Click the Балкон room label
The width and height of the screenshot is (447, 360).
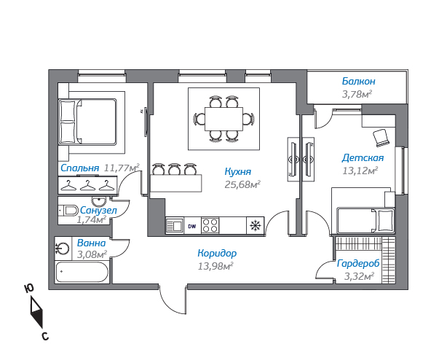(x=358, y=82)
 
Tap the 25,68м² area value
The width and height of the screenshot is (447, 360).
(x=242, y=184)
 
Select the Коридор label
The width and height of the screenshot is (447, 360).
(x=217, y=254)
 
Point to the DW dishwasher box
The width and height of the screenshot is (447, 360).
(x=192, y=226)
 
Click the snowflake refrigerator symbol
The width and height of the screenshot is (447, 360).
(x=255, y=226)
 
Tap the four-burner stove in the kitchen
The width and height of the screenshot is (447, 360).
(x=210, y=226)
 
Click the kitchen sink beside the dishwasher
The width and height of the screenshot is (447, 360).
(x=175, y=226)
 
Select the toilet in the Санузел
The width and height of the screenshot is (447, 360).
(x=68, y=211)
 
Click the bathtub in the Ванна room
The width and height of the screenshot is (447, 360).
(x=82, y=272)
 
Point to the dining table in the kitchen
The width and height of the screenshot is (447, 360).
(x=223, y=119)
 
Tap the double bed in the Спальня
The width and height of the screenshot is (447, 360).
(x=87, y=122)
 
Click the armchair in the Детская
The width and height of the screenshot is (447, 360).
(x=381, y=138)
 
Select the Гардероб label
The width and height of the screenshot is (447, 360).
(x=358, y=264)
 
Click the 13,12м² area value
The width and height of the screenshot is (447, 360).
(x=360, y=171)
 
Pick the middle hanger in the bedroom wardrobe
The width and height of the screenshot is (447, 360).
(x=88, y=185)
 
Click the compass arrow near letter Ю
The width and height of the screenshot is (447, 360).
(x=36, y=313)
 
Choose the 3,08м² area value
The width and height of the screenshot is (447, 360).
(x=92, y=254)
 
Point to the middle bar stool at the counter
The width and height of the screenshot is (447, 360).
(x=173, y=169)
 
